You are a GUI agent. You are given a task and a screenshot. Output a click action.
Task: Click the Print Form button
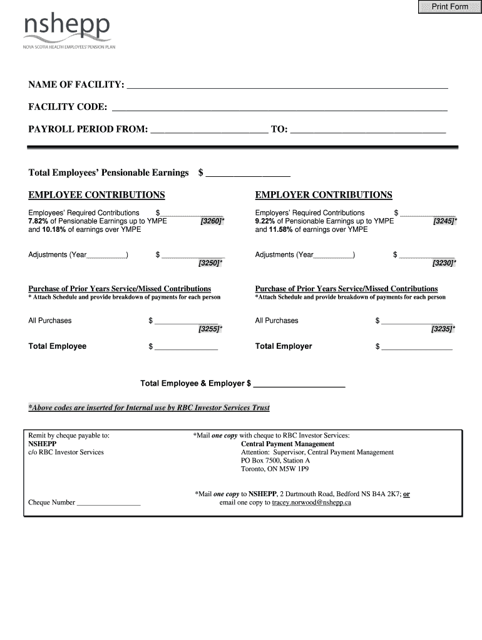tap(449, 7)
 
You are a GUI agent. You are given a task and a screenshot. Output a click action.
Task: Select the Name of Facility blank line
tap(287, 86)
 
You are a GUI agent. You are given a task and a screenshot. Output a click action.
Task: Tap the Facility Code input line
tap(279, 107)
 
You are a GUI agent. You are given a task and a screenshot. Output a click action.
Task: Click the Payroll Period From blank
tap(209, 129)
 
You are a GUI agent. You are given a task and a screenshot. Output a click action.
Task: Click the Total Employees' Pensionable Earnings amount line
tap(248, 173)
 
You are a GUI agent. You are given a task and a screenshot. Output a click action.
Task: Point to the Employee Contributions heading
tap(96, 195)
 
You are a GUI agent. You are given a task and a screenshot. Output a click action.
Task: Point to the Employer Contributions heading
tap(324, 195)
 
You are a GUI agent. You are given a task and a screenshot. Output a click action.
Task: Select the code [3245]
tap(444, 222)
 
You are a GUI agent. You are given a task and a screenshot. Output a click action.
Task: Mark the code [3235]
tap(443, 329)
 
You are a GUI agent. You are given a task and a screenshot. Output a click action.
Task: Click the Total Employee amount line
tap(186, 347)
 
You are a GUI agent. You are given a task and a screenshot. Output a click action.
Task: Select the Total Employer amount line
tap(417, 347)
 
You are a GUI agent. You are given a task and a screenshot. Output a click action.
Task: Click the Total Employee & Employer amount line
tap(299, 384)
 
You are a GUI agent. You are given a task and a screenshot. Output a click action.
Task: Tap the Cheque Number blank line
tap(108, 503)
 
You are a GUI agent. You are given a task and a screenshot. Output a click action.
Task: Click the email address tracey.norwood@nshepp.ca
tap(311, 502)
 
